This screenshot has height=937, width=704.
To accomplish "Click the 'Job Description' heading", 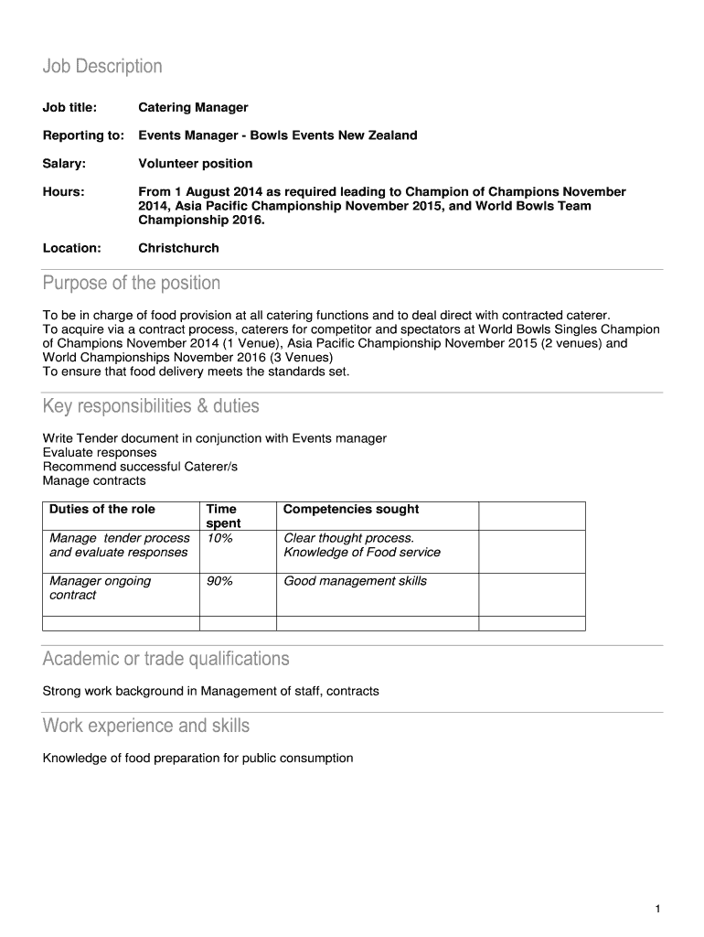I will coord(102,67).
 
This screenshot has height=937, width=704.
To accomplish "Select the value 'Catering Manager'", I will coord(193,108).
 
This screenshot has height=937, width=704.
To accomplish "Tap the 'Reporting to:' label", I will coord(83,135).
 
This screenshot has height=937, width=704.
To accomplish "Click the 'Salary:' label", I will coord(64,164).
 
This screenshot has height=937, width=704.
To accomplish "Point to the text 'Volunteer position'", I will coord(195,164).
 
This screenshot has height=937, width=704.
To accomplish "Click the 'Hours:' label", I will coord(63,192).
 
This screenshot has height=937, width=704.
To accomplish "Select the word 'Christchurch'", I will coord(178,248).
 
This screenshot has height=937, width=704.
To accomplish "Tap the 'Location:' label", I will coord(72,248).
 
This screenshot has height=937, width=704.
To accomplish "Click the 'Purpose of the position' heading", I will coord(132,283).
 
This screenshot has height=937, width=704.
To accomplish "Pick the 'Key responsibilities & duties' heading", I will coord(151,405).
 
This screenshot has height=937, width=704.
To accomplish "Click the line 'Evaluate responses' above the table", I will coord(100,453).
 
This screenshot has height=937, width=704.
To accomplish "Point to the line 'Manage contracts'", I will coord(94,480).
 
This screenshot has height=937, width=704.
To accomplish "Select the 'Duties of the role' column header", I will coord(102,510).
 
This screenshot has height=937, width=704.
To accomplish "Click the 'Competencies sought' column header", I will coord(351,510).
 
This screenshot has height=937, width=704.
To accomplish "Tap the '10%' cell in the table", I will coord(219,539).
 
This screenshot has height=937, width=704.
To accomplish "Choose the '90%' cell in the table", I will coord(219,582).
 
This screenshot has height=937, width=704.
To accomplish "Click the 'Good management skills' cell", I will coord(355,582).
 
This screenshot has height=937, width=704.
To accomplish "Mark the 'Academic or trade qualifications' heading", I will coord(165,659).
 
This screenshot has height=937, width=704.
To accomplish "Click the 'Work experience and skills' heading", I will coord(146,727).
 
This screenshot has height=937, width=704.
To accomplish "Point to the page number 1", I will coord(657,909).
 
